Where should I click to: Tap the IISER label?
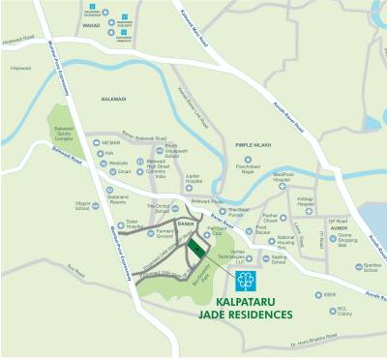pos(332,295)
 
